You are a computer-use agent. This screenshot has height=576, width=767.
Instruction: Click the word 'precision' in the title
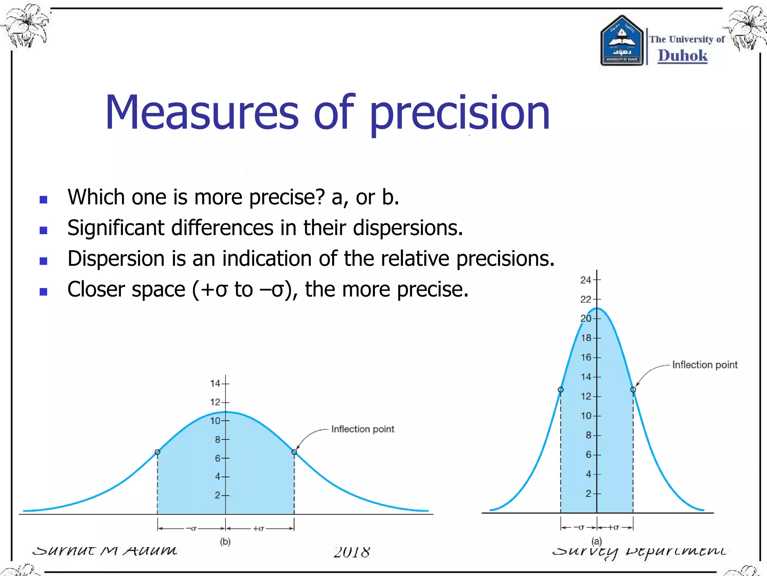(460, 113)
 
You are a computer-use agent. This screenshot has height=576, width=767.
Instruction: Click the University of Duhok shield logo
(622, 41)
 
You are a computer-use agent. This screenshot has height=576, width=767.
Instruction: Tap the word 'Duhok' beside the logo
(683, 55)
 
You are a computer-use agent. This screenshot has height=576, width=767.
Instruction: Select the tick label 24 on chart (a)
(585, 280)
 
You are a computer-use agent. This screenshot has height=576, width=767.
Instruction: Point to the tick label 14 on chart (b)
(215, 383)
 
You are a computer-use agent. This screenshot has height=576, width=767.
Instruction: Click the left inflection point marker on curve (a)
(561, 390)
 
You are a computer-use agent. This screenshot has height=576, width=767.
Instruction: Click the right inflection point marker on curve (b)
(294, 452)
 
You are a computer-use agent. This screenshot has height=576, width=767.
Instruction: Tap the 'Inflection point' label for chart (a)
(704, 364)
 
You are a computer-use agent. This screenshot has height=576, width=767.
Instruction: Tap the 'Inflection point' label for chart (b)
(363, 429)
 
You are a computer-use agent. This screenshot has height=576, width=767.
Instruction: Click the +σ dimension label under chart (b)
(258, 528)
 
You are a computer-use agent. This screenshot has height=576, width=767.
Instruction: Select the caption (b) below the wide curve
(225, 541)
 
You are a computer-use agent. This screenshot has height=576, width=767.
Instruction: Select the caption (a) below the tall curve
(597, 541)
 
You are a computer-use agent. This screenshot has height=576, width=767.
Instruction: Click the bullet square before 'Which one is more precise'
(43, 199)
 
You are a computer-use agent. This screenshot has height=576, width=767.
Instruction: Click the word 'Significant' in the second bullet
(116, 228)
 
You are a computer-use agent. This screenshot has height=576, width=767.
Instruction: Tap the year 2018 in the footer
(352, 552)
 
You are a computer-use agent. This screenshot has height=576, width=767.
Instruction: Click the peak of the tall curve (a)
(597, 308)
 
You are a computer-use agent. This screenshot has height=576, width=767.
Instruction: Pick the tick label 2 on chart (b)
(218, 495)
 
